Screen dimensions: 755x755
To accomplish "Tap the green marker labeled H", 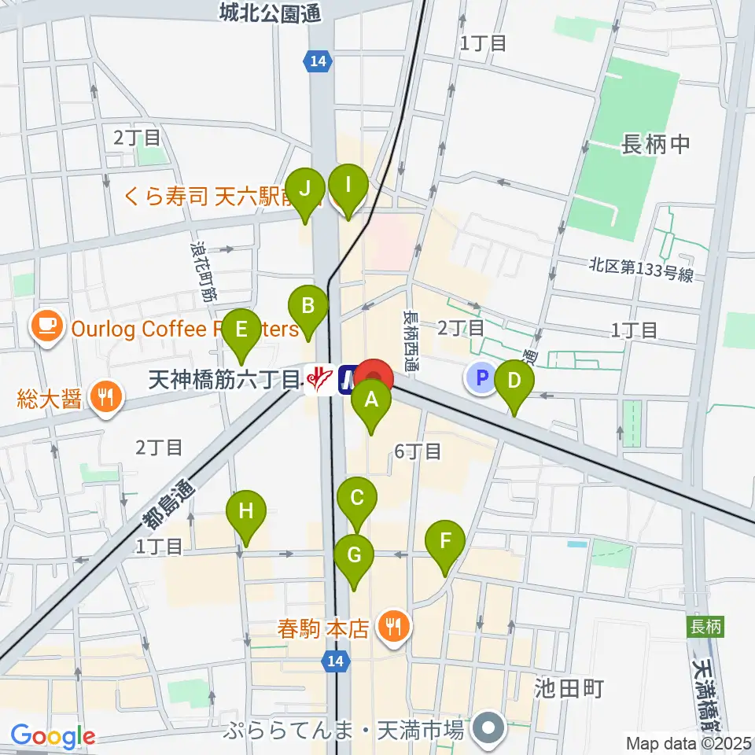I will [246, 511].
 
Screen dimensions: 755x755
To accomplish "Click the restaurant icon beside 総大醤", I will [104, 396].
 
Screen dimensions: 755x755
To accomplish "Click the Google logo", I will [53, 737].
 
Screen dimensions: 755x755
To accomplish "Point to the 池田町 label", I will [569, 689].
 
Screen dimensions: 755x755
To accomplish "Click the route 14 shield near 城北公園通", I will [318, 61].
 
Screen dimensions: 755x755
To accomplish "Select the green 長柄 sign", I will [702, 627].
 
